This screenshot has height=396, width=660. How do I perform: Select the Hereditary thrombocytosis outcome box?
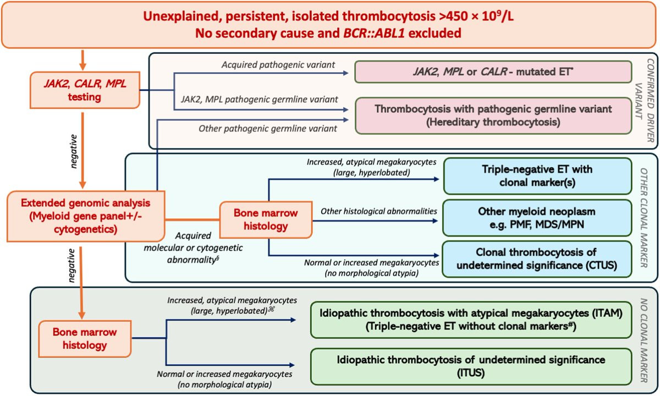tap(493, 116)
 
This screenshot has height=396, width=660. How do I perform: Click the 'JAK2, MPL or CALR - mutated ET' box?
tap(493, 72)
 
